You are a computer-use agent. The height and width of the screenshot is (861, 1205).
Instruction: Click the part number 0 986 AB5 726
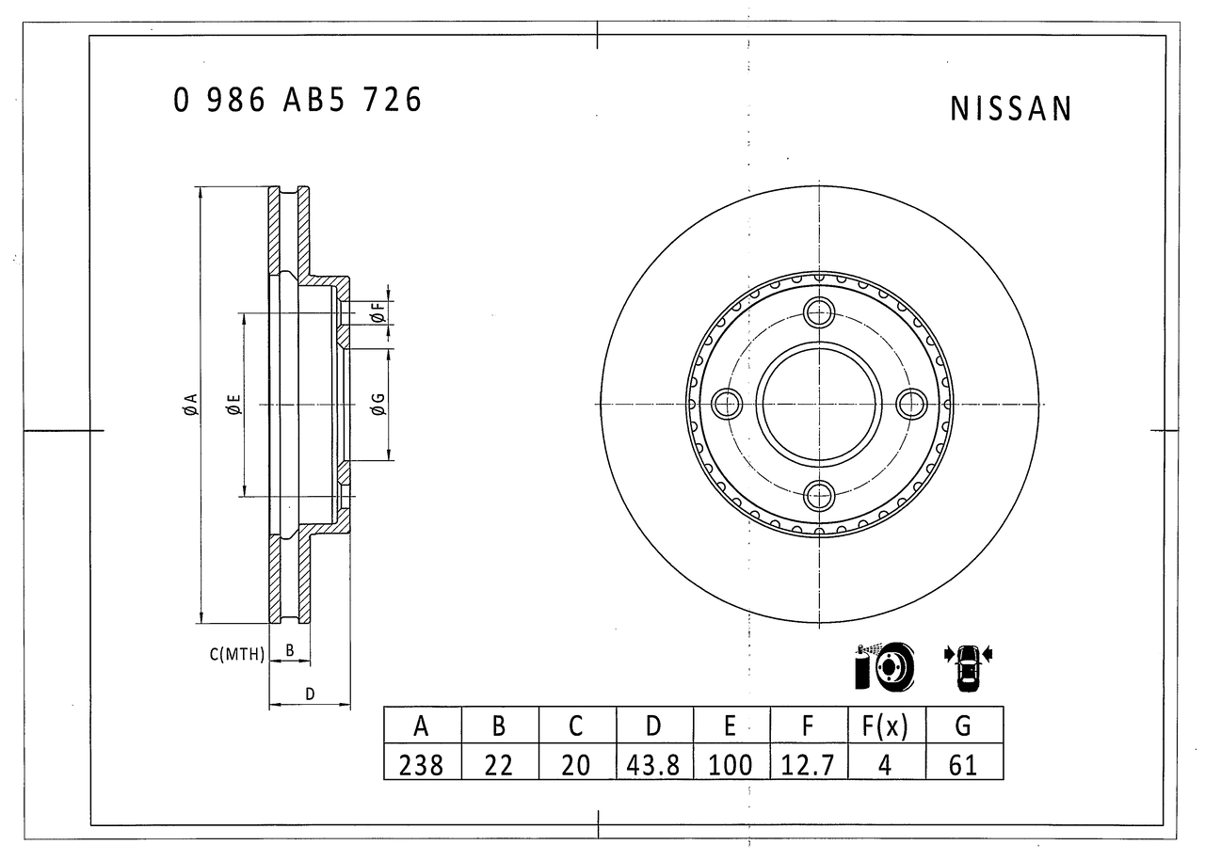coord(297,100)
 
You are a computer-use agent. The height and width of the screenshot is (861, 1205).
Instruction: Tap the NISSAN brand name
coord(1011,109)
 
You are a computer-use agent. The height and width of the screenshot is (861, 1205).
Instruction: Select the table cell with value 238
coord(422,763)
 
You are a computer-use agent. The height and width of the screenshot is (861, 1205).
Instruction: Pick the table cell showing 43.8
coord(653,763)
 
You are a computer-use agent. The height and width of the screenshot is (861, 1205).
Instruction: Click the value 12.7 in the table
coord(808,763)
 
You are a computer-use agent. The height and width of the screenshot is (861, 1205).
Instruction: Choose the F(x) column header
coord(885,725)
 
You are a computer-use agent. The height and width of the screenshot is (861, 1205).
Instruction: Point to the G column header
coord(963,725)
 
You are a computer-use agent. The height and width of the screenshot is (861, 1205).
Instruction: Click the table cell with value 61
coord(963,763)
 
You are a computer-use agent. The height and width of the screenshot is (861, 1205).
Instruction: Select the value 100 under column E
coord(731,763)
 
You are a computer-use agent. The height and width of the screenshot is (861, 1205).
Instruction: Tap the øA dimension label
coord(190,405)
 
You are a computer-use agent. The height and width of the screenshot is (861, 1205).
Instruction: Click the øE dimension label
coord(233,405)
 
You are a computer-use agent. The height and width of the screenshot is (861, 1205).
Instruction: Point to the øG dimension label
coord(378,405)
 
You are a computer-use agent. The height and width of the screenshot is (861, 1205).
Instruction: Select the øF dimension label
coord(377,313)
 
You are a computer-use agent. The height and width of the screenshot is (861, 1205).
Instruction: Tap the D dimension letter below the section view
coord(309,694)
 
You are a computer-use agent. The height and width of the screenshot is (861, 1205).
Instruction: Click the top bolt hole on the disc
coord(819,313)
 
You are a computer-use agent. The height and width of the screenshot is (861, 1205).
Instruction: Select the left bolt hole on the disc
coord(727,405)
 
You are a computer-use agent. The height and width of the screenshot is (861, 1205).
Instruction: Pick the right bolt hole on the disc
coord(911,405)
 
